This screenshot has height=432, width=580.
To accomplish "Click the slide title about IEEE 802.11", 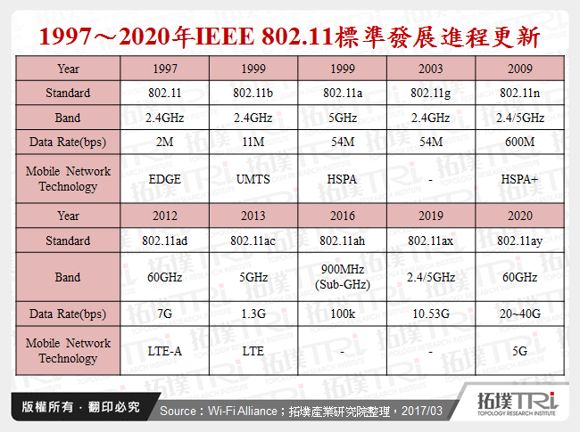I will tap(290, 37).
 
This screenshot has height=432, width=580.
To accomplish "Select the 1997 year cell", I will tap(164, 69).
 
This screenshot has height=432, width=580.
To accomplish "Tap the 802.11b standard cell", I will tap(253, 93).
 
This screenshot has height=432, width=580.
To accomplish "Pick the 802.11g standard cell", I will tap(430, 93).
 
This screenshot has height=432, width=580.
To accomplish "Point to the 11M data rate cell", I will tap(253, 142).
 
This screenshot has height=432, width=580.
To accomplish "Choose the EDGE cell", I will tap(164, 179).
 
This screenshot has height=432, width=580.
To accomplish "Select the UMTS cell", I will tap(253, 179).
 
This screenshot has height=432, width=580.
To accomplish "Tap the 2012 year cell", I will tap(164, 216).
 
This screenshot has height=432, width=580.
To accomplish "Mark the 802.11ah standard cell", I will tap(342, 240).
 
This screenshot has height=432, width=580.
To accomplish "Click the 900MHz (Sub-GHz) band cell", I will tap(342, 277).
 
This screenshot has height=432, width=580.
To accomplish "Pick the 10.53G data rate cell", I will tap(430, 314).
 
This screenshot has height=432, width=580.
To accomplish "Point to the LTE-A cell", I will tap(164, 351).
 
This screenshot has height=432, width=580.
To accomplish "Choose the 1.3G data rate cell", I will tap(253, 314).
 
